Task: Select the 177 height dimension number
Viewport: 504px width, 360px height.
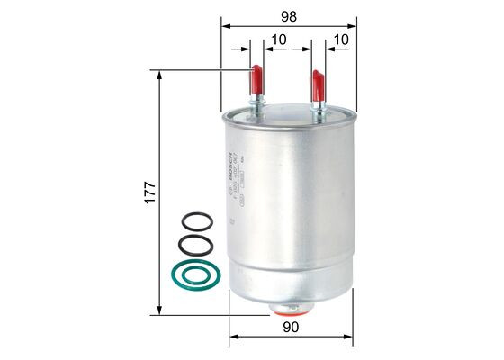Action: (x=151, y=191)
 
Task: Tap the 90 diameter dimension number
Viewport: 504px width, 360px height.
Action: (x=289, y=329)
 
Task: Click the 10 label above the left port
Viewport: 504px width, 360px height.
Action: (x=277, y=40)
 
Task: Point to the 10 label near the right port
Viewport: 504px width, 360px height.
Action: (x=341, y=40)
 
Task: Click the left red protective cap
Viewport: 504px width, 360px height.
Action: (x=256, y=78)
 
